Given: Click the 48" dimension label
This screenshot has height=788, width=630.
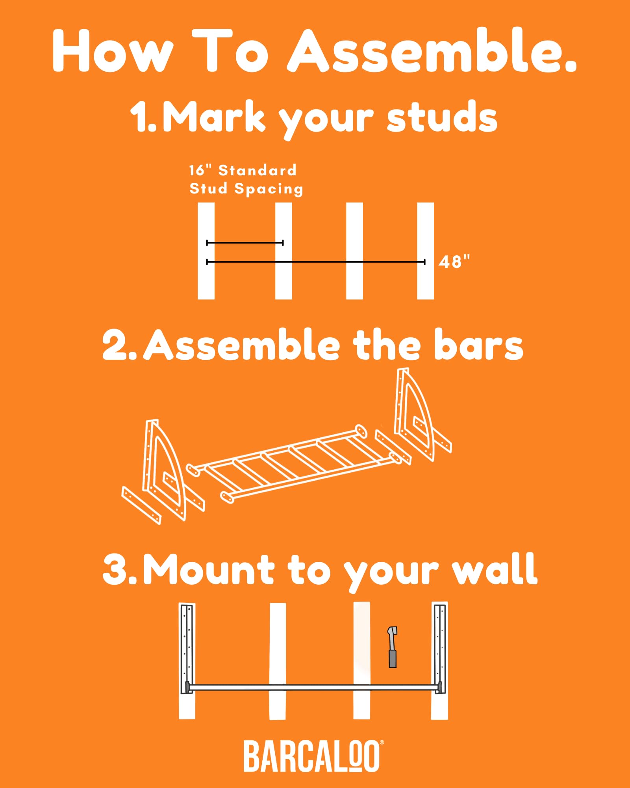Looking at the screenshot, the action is [454, 262].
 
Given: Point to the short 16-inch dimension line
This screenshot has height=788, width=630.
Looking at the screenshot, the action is [245, 243].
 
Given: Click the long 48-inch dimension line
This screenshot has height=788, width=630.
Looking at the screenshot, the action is [316, 262].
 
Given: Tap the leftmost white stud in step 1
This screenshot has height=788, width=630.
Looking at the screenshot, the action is [206, 251].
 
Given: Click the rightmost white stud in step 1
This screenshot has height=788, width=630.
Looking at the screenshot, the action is [425, 251].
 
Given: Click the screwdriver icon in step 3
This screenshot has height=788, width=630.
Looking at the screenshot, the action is [393, 647].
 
